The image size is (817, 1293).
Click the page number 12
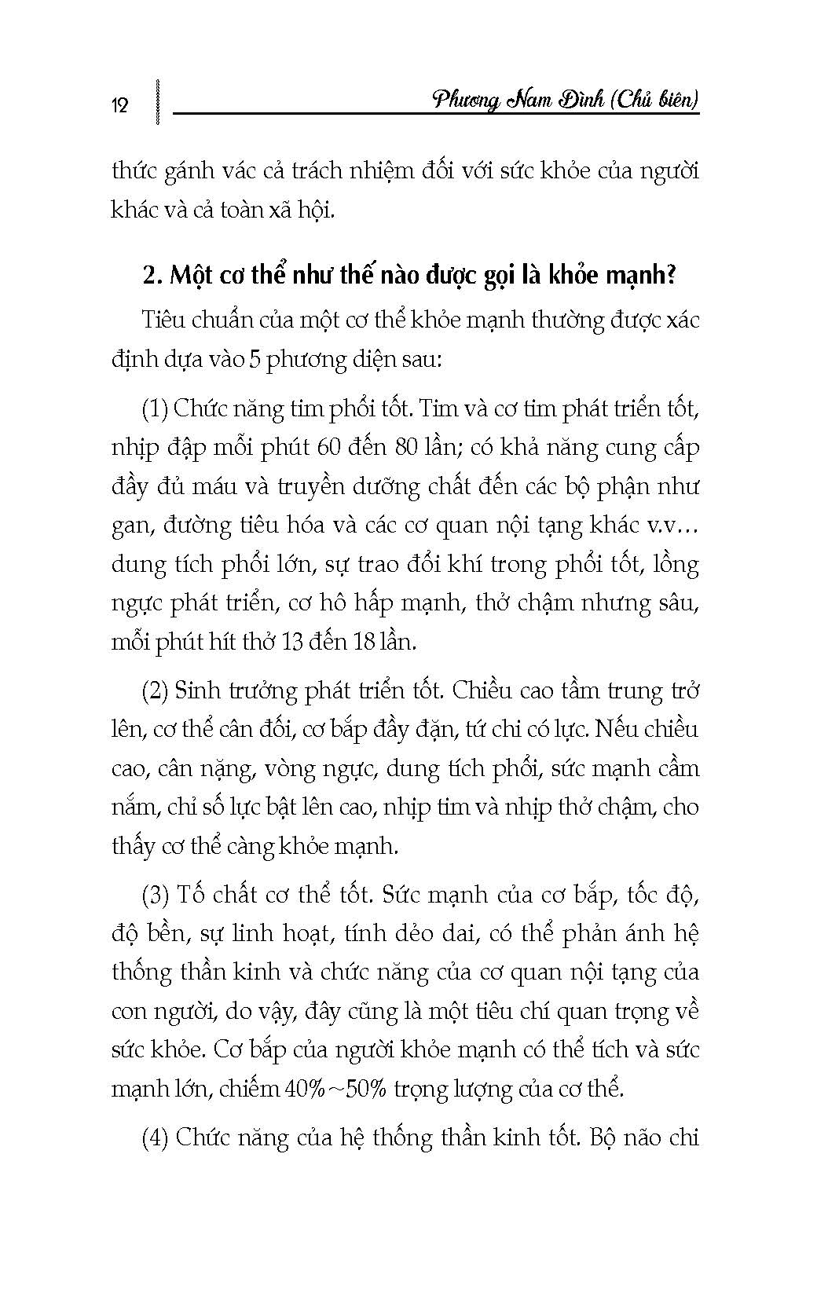coord(120,105)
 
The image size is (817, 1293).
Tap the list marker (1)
coord(155,408)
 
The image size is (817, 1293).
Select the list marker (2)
coord(156,690)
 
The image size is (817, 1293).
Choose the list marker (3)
coord(156,894)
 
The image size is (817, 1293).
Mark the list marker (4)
coord(156,1137)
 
